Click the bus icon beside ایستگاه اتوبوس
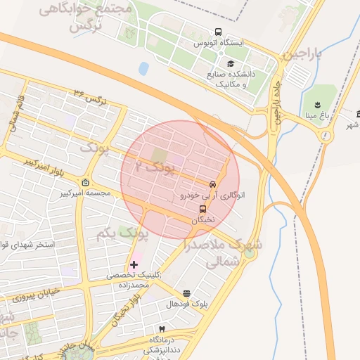219,32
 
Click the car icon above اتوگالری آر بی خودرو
212,184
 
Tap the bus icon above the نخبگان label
203,209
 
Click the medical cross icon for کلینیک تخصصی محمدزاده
134,264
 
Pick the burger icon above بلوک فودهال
186,293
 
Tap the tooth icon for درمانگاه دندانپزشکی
162,329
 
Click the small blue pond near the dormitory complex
144,68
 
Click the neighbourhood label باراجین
302,53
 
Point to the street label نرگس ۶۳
88,97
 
